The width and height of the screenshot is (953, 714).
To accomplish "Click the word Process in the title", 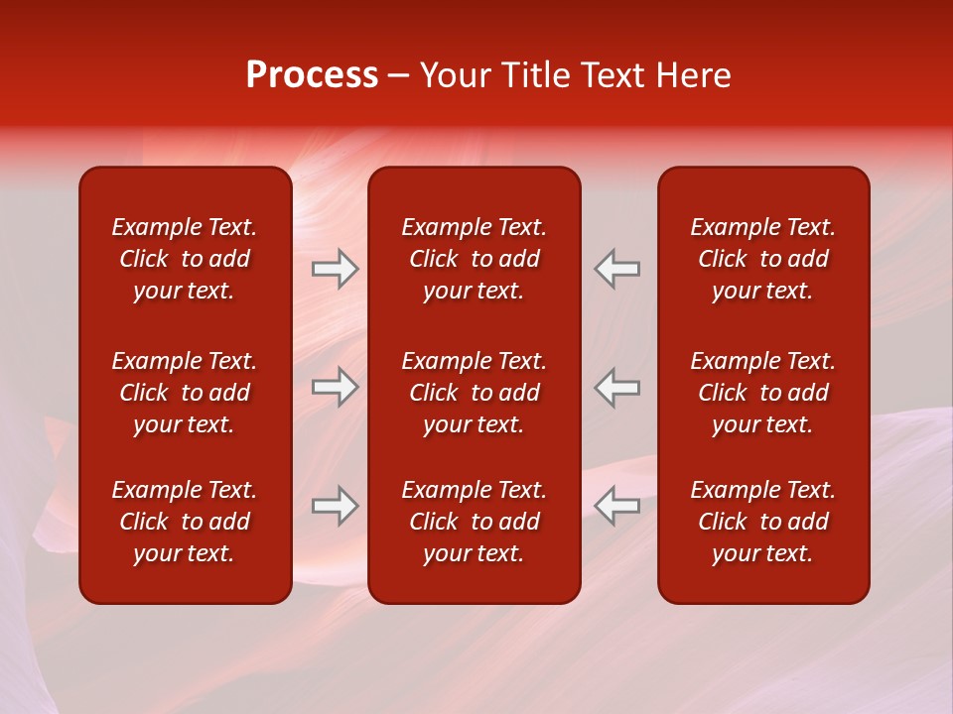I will tap(312, 75).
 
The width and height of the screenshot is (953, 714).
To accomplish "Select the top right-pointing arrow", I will tap(335, 269).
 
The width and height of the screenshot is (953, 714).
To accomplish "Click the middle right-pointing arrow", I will tap(335, 387).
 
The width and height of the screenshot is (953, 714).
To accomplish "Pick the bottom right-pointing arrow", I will tap(335, 506).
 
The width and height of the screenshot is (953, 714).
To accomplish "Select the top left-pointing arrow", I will tap(617, 269).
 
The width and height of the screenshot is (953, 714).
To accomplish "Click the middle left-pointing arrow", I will tap(617, 387).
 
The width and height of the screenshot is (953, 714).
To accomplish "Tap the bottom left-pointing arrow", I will tap(617, 506).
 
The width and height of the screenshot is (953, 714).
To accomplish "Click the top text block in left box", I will tap(185, 259).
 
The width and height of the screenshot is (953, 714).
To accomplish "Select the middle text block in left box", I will tap(185, 393).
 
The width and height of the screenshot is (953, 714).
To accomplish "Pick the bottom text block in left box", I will tap(185, 522).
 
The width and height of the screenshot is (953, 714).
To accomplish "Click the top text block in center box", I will tap(475, 259).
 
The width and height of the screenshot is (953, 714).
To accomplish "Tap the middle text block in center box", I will tap(475, 393).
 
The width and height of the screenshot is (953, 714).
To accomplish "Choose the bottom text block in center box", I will tap(475, 522).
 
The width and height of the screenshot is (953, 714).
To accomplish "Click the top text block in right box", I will tap(763, 259).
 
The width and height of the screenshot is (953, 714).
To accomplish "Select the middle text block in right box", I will tap(763, 393).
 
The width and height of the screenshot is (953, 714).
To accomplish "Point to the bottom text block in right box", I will tap(763, 522).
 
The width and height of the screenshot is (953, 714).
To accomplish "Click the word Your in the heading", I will tap(456, 75).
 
